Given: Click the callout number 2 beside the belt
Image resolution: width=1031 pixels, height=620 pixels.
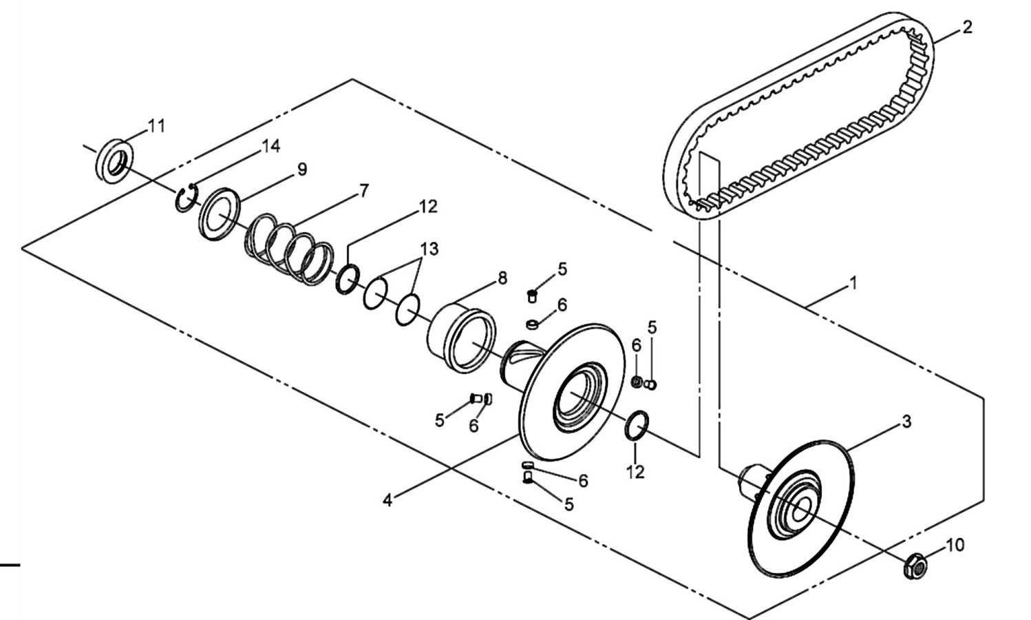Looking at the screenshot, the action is pyautogui.click(x=967, y=28).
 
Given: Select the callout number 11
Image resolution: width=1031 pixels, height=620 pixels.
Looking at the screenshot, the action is pyautogui.click(x=156, y=126).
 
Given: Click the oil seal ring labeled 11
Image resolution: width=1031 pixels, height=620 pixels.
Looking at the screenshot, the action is pyautogui.click(x=115, y=161).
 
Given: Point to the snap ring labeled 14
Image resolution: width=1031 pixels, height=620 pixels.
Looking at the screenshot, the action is pyautogui.click(x=186, y=198).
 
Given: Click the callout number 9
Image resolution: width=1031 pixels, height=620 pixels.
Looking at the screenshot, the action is pyautogui.click(x=302, y=169).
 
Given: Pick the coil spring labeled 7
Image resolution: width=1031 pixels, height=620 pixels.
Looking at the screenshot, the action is pyautogui.click(x=289, y=249).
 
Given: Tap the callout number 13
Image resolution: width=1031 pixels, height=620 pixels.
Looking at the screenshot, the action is pyautogui.click(x=429, y=249).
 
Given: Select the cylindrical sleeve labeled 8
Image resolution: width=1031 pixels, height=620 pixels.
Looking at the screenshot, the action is pyautogui.click(x=462, y=339).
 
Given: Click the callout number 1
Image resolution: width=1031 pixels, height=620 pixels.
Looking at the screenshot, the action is pyautogui.click(x=853, y=283).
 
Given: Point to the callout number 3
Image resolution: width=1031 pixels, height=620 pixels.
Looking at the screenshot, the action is pyautogui.click(x=906, y=422).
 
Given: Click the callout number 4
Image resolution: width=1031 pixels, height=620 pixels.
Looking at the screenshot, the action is pyautogui.click(x=387, y=500).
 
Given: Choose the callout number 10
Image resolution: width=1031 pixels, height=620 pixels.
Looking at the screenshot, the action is pyautogui.click(x=955, y=546).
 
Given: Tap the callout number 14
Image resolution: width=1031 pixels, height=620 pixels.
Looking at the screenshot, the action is pyautogui.click(x=270, y=146).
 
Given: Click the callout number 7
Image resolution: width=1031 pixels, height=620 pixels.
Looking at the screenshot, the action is pyautogui.click(x=364, y=191).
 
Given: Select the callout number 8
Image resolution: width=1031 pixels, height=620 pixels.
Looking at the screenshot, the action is pyautogui.click(x=502, y=278).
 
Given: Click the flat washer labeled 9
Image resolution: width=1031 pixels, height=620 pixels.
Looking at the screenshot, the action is pyautogui.click(x=220, y=214).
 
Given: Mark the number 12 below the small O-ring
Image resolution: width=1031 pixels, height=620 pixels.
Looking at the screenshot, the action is pyautogui.click(x=636, y=472).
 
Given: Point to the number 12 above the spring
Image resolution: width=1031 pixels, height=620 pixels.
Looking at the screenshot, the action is pyautogui.click(x=428, y=207).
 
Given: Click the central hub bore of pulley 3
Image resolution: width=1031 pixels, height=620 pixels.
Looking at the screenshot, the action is pyautogui.click(x=801, y=508).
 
